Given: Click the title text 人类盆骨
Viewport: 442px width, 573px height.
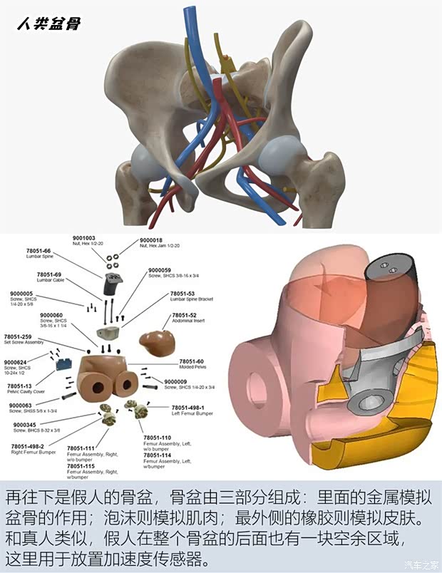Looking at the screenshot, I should [x=48, y=24].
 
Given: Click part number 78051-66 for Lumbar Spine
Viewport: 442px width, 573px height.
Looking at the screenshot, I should [x=38, y=251].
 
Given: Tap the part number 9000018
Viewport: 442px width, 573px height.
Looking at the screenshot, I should [x=151, y=240].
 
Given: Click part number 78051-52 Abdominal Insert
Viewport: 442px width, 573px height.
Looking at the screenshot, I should [x=183, y=315].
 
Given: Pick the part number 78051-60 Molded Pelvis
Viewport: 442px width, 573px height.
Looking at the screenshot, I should [x=191, y=361].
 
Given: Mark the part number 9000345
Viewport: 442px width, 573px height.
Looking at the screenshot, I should [x=26, y=425].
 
